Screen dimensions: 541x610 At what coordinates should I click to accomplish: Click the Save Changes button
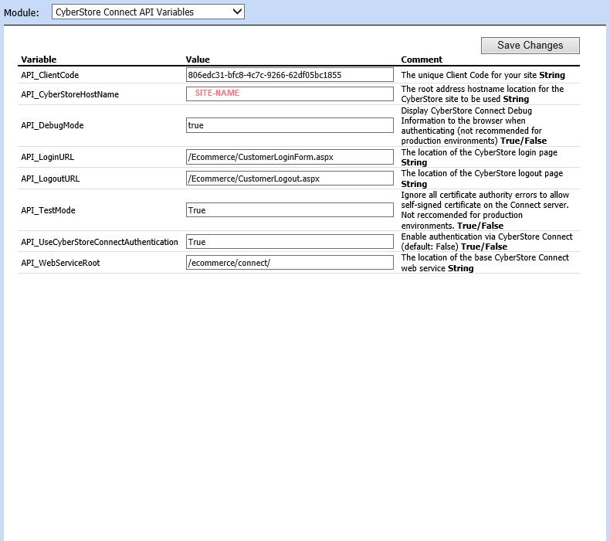pos(530,46)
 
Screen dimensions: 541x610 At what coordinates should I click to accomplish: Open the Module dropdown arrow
pos(237,12)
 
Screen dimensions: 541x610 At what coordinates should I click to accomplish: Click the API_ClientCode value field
pos(290,75)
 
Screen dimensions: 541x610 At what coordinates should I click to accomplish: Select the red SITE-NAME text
pos(217,93)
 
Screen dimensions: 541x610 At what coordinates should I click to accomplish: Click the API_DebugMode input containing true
pos(290,125)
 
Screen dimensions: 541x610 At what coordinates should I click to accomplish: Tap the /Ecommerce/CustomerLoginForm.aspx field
pos(290,157)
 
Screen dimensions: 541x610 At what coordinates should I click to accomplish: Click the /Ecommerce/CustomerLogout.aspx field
pos(290,179)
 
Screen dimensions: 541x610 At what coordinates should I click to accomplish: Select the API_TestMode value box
pos(290,210)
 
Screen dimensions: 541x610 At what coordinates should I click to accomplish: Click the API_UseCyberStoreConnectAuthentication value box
pos(290,242)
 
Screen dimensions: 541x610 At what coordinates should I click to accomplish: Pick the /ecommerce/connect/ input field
pos(290,263)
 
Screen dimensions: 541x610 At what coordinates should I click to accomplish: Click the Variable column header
pos(39,60)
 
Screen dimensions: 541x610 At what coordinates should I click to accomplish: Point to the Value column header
pos(198,60)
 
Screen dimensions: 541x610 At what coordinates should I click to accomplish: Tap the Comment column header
pos(422,60)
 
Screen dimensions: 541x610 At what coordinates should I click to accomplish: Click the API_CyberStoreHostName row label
pos(69,94)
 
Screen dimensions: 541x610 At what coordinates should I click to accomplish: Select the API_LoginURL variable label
pos(47,157)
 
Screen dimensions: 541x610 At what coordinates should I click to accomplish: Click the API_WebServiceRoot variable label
pos(60,263)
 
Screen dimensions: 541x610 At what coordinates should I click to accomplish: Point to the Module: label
pos(22,12)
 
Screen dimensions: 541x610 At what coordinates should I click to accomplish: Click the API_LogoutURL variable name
pos(50,179)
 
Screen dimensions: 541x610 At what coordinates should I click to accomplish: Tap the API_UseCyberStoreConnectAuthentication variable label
pos(100,242)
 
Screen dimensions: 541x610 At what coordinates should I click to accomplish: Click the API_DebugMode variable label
pos(52,125)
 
